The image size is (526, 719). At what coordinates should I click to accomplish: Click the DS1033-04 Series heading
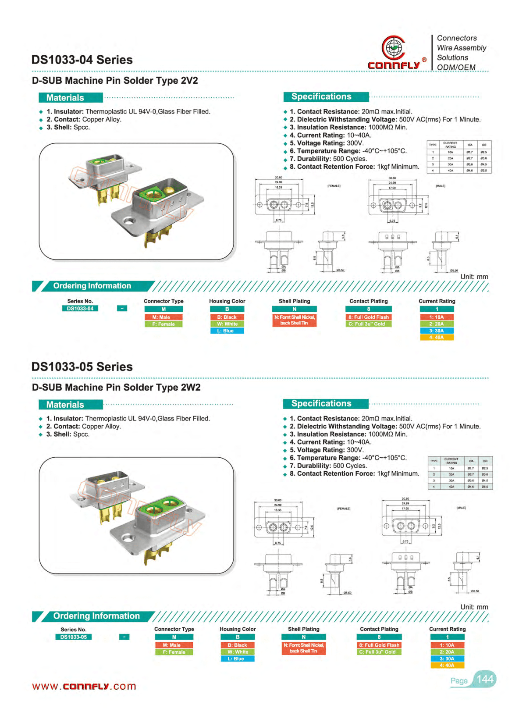(82, 60)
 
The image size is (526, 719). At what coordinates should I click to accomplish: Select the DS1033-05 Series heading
(82, 367)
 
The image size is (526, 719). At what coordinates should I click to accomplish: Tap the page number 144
(485, 679)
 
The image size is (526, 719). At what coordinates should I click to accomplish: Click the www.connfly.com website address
(84, 686)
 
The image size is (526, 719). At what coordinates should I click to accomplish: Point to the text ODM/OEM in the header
(456, 67)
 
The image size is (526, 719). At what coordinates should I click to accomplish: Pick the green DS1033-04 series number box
(80, 309)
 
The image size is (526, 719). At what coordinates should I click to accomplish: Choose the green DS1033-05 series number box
(74, 637)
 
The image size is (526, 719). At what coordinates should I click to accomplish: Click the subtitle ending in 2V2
(115, 81)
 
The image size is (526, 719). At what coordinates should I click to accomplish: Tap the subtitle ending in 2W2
(116, 388)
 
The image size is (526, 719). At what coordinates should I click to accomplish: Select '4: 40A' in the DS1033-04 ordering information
(437, 338)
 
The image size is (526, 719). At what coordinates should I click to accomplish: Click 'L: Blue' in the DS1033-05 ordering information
(238, 658)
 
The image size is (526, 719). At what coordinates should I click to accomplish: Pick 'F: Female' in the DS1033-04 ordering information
(163, 324)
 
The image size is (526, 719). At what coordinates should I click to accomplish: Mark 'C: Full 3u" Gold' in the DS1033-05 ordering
(379, 652)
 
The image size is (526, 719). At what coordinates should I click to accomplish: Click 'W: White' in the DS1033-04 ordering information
(227, 324)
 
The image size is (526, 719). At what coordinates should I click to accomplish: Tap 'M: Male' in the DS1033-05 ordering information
(174, 645)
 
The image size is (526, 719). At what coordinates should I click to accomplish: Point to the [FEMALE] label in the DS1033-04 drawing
(334, 186)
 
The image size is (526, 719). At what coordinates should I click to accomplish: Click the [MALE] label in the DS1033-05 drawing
(461, 508)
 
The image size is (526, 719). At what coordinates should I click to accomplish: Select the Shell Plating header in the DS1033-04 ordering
(294, 301)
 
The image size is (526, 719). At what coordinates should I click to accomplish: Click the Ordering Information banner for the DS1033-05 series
(96, 616)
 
